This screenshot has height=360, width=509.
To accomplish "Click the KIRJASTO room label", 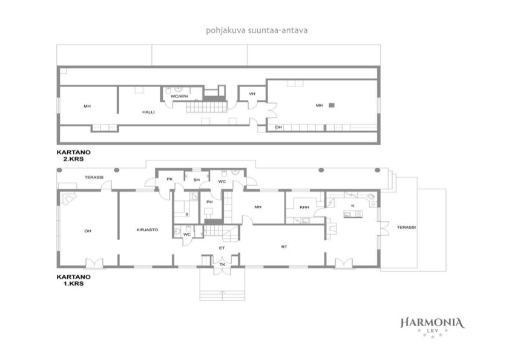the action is point(147,230).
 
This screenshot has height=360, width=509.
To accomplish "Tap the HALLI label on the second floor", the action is point(148,113).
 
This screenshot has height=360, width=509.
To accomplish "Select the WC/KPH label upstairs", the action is point(180,96).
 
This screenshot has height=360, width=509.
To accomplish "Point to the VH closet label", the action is point(252,94).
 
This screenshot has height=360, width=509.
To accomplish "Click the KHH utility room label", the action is point(304,208).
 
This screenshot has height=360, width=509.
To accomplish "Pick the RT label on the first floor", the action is point(284,247).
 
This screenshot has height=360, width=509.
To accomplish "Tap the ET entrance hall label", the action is point(222,248).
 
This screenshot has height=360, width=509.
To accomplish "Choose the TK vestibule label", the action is point(222,264).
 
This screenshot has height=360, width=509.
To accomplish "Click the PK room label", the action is point(169,179).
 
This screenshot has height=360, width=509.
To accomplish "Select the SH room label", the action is point(196,180).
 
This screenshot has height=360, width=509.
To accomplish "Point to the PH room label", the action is point(209,202).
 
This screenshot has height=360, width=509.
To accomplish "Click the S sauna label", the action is point(187,214).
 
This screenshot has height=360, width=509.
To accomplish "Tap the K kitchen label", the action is point(353,206).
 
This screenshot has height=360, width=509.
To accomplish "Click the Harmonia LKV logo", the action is point(432,327).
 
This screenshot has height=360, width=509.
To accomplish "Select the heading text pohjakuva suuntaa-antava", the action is point(257,30).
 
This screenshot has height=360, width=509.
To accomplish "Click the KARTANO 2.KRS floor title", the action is point(74,155).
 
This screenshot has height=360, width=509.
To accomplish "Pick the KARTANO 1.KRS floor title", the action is point(74,280).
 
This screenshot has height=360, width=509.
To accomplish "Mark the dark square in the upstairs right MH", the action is point(332,105).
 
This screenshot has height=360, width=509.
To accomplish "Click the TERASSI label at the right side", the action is point(406,227).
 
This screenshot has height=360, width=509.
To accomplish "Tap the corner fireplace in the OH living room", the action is point(69,198).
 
